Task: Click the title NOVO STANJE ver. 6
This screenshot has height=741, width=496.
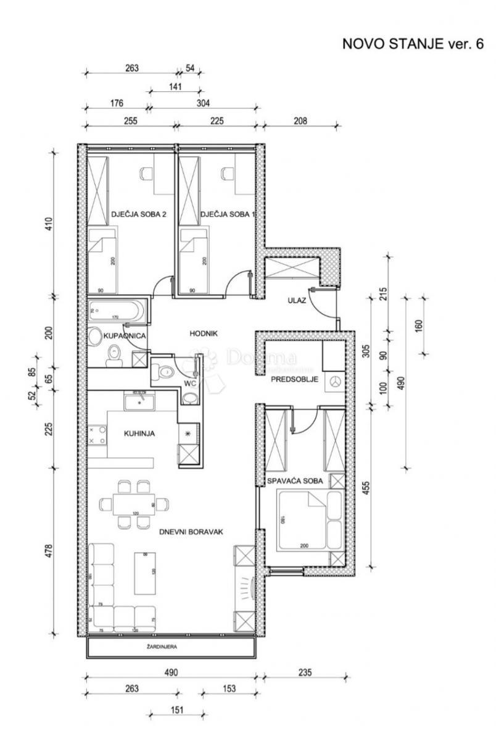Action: click(413, 45)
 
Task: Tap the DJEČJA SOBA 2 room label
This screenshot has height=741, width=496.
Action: click(139, 215)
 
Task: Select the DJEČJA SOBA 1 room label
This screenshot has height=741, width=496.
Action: click(227, 215)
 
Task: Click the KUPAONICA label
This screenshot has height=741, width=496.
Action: click(125, 336)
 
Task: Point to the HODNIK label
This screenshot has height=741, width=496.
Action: click(204, 333)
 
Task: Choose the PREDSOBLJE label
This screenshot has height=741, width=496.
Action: click(294, 379)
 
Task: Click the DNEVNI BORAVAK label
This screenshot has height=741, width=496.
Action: click(191, 531)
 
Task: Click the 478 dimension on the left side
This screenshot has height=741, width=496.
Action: click(49, 551)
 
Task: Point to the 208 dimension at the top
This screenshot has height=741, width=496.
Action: click(299, 121)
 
